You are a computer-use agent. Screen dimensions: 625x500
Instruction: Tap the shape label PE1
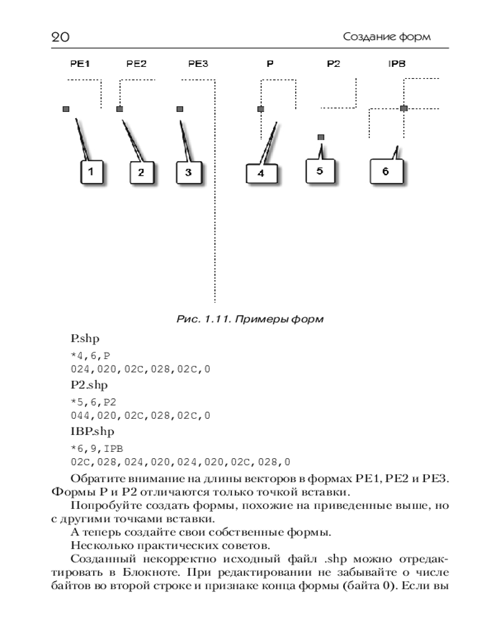tap(81, 63)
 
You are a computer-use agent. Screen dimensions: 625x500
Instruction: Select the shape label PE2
tap(136, 63)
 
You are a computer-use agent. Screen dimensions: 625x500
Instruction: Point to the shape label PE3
tap(198, 63)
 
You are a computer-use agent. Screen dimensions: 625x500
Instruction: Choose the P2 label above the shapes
tap(333, 63)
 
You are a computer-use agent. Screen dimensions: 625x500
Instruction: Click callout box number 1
tap(91, 172)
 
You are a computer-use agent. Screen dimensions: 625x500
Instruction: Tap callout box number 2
tap(141, 172)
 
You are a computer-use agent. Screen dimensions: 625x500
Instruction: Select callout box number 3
tap(189, 172)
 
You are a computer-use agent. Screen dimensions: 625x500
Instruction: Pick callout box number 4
tap(261, 173)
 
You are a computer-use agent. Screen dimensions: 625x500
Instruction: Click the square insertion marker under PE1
tap(66, 109)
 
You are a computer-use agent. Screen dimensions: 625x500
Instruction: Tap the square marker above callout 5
tap(321, 136)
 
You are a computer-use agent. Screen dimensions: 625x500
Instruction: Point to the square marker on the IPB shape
tap(404, 108)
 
